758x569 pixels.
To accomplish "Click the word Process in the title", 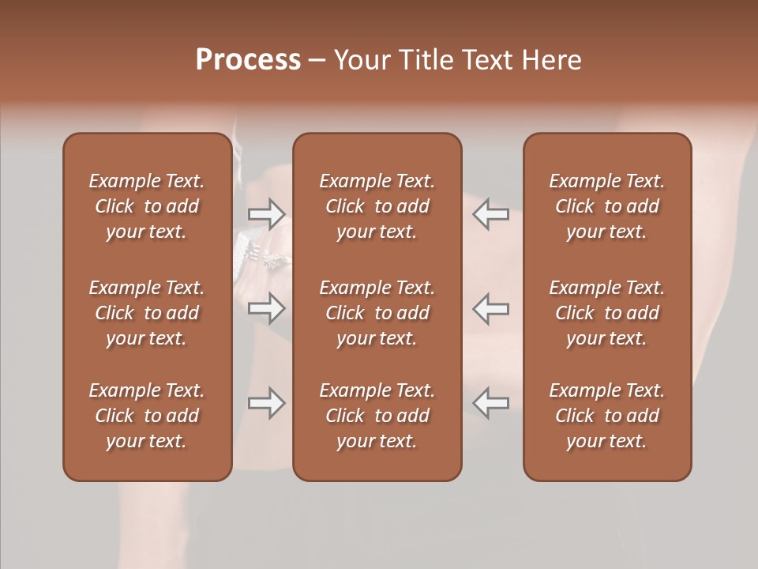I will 248,60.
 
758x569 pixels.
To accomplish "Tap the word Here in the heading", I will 552,60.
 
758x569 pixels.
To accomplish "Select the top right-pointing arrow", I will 266,213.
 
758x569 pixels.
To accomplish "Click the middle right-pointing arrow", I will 266,308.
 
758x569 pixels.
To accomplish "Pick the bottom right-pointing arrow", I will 266,403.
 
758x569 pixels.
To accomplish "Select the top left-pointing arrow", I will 491,213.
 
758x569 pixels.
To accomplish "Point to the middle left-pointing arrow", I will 491,308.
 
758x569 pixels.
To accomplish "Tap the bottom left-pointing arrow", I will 491,403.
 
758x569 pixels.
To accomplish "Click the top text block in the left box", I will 147,206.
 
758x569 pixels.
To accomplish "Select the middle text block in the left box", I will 147,313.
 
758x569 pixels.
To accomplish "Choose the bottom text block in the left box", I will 147,416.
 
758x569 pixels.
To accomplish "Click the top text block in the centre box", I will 377,206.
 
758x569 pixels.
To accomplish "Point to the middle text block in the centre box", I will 377,313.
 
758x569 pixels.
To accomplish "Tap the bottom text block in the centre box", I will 377,416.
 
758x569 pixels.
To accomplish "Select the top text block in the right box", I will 607,206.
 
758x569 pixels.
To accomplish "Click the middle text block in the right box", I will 607,313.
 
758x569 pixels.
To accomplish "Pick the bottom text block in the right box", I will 607,416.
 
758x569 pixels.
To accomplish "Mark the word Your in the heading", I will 360,60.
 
